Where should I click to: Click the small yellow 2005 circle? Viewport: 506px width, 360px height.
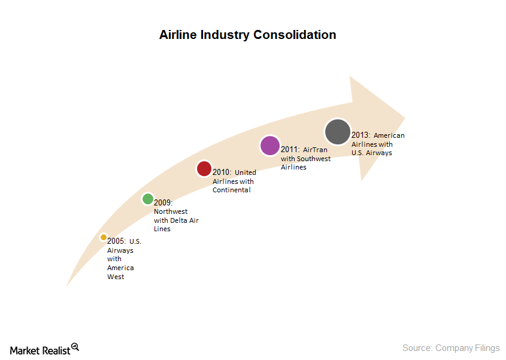tap(104, 237)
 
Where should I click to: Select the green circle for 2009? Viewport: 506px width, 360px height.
tap(148, 199)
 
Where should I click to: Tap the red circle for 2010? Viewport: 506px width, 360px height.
tap(204, 169)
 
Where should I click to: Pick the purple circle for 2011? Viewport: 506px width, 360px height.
tap(270, 146)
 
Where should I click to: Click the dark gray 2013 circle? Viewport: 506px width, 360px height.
tap(338, 132)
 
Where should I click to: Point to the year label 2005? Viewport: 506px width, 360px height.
tap(117, 241)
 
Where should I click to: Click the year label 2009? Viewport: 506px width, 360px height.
tap(163, 203)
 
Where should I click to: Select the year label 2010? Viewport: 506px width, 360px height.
tap(222, 173)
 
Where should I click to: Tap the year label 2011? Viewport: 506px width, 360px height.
tap(290, 150)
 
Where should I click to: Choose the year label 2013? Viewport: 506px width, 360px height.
tap(360, 135)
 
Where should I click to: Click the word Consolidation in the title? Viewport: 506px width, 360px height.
tap(295, 35)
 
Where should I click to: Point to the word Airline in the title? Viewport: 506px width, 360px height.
tap(178, 35)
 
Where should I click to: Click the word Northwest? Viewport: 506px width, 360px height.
tap(171, 211)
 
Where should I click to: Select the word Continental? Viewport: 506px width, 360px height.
tap(231, 190)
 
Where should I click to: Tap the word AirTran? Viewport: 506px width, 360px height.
tap(315, 150)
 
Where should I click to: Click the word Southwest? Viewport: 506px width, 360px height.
tap(314, 159)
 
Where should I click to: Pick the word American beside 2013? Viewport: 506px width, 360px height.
tap(389, 135)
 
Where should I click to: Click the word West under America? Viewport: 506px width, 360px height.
tap(116, 277)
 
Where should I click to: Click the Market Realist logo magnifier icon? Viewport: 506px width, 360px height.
tap(75, 347)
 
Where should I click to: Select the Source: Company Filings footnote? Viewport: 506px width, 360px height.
tap(451, 348)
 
